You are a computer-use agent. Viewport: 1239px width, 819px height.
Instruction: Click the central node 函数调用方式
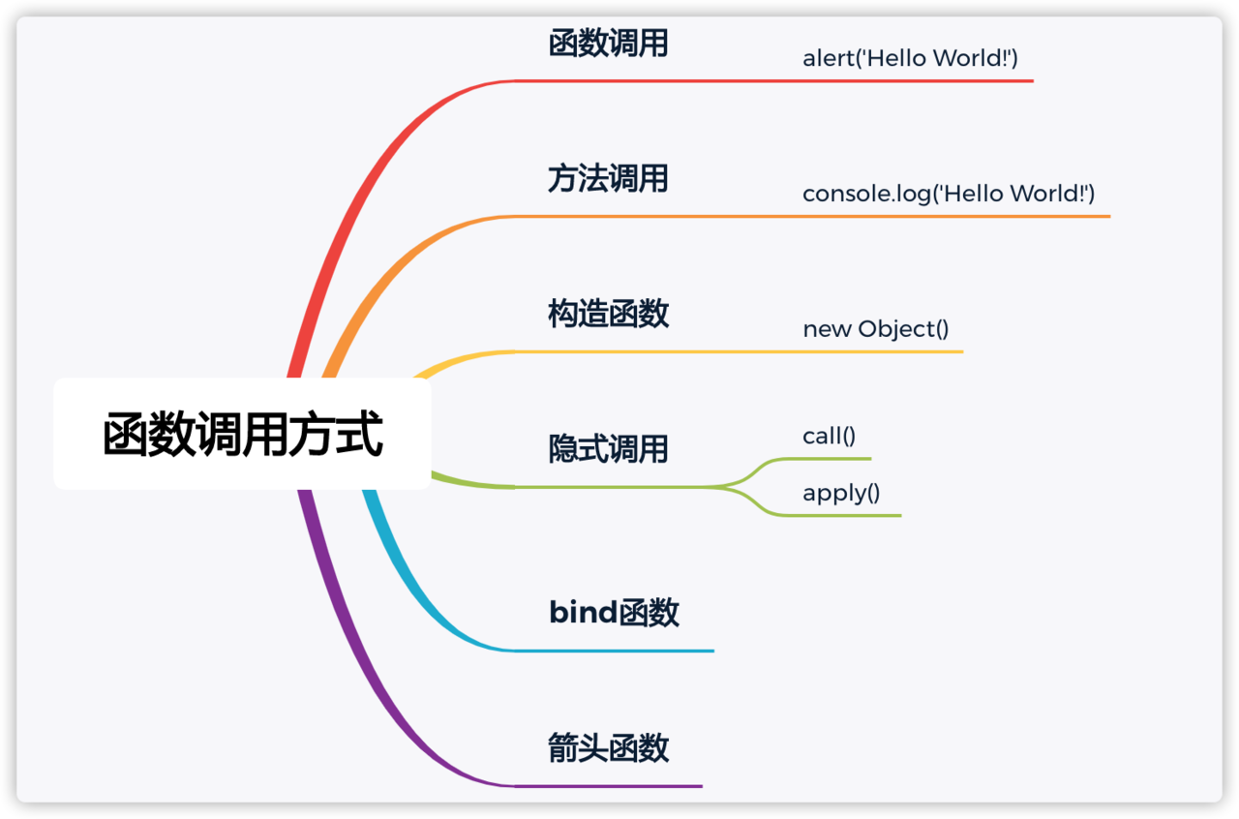tap(242, 435)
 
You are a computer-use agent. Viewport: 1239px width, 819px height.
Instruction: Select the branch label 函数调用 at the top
tap(608, 44)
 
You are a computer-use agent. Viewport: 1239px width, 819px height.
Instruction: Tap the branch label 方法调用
tap(608, 179)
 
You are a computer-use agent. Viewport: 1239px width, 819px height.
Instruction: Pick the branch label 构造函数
tap(608, 314)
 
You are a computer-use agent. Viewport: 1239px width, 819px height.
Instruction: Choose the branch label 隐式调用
tap(608, 449)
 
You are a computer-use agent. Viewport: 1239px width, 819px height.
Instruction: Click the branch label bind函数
tap(614, 613)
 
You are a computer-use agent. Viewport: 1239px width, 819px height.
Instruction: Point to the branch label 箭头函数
tap(608, 748)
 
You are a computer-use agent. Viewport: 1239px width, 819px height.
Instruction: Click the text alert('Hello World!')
tap(910, 58)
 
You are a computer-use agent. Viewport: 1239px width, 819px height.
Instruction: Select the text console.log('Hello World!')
tap(949, 194)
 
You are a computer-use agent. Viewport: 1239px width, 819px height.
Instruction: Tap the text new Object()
tap(876, 329)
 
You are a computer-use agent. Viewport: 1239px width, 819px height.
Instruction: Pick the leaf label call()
tap(829, 437)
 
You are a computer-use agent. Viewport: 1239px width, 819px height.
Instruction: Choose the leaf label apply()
tap(841, 493)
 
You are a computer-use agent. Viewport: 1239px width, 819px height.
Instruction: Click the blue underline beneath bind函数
tap(619, 651)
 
